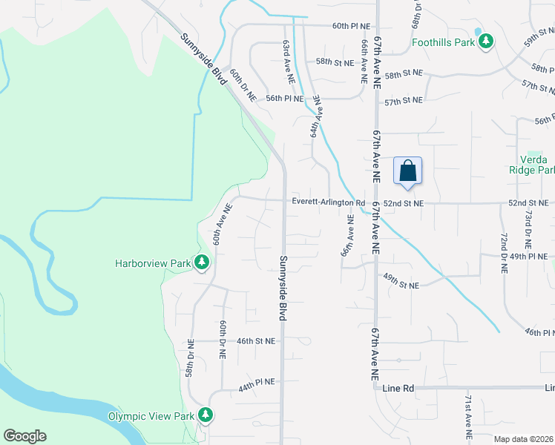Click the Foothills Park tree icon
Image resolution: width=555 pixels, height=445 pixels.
click(486, 42)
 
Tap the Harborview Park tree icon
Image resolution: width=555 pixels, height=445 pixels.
click(201, 263)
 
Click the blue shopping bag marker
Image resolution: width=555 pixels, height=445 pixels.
click(408, 171)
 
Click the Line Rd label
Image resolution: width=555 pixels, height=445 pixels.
click(398, 388)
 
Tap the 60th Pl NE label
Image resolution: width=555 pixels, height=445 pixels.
click(351, 26)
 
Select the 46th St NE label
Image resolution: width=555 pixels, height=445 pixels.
click(256, 341)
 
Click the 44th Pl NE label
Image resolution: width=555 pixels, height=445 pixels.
click(257, 381)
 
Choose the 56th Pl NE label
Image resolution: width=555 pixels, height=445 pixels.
click(285, 98)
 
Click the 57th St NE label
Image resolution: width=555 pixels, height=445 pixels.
click(404, 100)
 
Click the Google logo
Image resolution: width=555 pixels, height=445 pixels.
click(25, 436)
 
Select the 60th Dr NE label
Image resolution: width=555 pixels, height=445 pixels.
click(243, 86)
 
